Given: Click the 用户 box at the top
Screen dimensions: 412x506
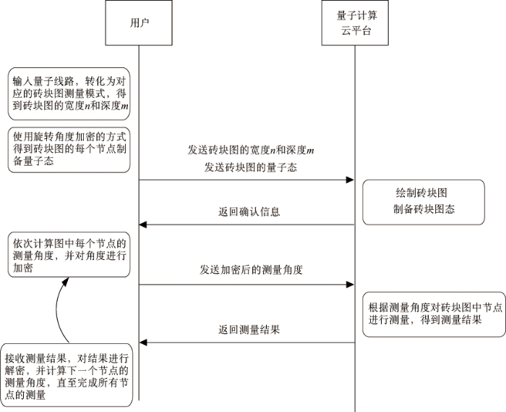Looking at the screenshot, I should [140, 23].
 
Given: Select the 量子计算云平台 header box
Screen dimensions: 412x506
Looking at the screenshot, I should [355, 23].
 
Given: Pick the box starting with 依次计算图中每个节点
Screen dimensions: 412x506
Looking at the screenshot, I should [69, 255].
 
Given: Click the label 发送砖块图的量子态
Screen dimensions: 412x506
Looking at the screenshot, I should [248, 167].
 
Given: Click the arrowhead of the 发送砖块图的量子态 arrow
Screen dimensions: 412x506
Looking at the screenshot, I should [350, 180].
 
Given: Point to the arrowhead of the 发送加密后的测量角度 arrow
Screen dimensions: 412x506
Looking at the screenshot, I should [350, 285].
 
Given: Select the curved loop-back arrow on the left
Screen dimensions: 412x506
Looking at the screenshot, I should [59, 311].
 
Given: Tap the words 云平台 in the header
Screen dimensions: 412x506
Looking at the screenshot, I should [355, 31].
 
